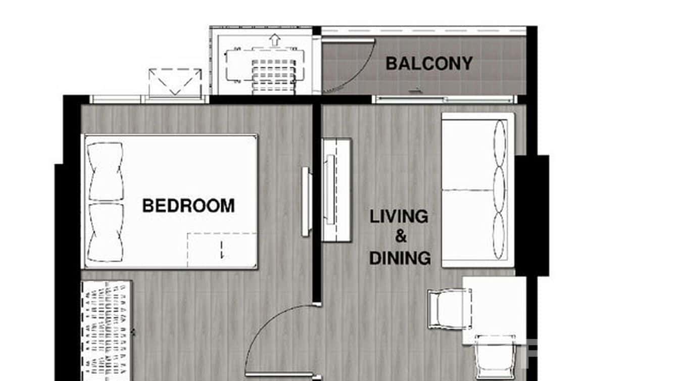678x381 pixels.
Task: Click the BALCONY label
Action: [x=429, y=64]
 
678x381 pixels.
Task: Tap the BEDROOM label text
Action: [x=188, y=206]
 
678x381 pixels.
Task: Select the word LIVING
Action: [x=399, y=217]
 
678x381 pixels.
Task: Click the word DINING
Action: [x=400, y=258]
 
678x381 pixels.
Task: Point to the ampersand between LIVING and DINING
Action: [x=400, y=236]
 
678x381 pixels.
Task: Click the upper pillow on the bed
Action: [x=106, y=172]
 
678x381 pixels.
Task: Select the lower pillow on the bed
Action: [x=106, y=232]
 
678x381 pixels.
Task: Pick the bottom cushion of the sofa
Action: [x=499, y=236]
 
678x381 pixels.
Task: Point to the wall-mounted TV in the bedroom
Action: [x=306, y=201]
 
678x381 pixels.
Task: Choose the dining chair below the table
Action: [x=495, y=357]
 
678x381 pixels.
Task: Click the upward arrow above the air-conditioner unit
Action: [x=274, y=39]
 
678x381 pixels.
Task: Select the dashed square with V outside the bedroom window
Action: [x=175, y=82]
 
